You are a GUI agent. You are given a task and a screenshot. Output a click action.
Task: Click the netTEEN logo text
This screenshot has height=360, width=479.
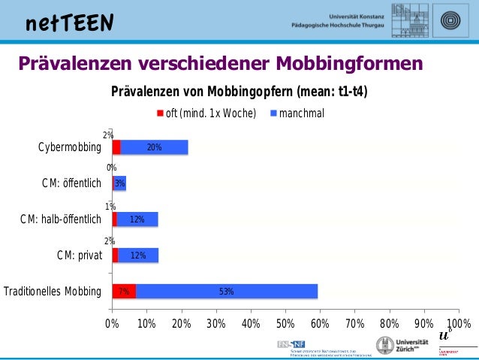[69, 23]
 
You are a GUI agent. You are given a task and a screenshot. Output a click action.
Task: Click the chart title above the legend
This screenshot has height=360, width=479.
[239, 92]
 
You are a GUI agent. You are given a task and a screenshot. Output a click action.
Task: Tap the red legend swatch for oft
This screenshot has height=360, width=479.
[160, 113]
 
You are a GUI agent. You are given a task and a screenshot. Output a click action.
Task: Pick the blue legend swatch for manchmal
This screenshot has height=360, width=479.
[273, 113]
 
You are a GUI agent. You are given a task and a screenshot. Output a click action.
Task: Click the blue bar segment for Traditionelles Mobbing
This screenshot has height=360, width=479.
[227, 292]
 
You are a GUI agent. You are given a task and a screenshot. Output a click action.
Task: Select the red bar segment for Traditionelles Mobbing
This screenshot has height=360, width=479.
[124, 292]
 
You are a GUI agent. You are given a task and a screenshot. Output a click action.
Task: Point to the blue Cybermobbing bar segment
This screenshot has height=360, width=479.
[155, 147]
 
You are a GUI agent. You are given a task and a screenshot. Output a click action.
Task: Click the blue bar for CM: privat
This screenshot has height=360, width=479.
[138, 256]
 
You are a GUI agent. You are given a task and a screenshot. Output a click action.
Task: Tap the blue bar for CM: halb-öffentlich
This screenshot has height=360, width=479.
[137, 219]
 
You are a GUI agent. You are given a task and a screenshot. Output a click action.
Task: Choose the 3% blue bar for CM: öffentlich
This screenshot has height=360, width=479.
[120, 183]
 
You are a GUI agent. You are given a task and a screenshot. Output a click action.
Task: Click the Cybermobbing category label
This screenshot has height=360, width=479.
[69, 147]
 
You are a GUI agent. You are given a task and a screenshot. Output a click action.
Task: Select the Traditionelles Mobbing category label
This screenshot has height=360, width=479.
[53, 292]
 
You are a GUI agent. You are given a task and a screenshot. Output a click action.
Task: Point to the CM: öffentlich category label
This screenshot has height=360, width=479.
[71, 183]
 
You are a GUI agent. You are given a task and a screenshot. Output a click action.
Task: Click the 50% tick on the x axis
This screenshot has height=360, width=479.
[285, 324]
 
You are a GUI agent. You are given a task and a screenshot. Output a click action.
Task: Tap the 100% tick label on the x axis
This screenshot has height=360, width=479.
[457, 324]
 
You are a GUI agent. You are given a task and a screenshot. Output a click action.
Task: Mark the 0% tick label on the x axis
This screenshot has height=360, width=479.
[112, 324]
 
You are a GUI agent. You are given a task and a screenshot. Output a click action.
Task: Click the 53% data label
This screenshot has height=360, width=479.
[227, 292]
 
